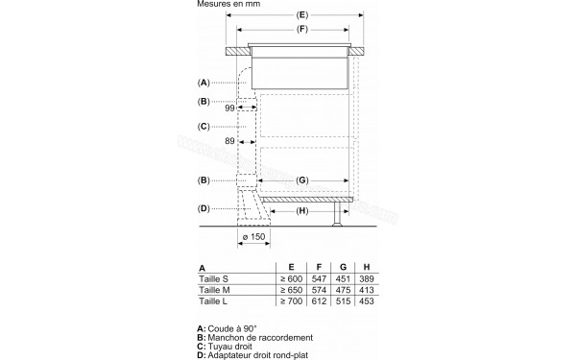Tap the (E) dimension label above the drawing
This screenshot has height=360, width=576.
click(300, 15)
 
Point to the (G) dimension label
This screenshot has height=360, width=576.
click(301, 180)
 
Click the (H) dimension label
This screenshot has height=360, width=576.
click(301, 210)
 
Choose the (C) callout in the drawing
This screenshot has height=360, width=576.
click(204, 127)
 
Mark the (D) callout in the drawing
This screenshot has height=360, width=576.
click(204, 209)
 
